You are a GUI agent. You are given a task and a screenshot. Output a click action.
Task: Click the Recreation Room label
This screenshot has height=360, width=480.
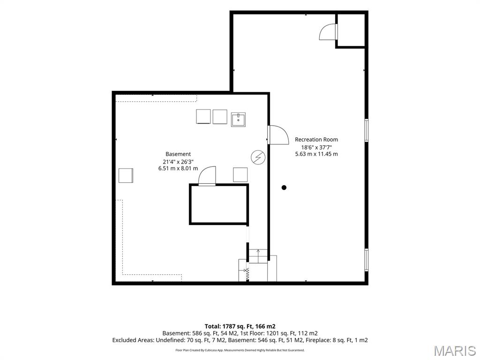(316, 140)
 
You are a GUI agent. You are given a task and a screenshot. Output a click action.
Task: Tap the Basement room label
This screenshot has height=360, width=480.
(178, 154)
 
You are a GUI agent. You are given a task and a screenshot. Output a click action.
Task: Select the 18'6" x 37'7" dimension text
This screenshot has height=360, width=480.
(316, 147)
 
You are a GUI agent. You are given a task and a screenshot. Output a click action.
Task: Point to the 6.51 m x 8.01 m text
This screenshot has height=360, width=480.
(178, 168)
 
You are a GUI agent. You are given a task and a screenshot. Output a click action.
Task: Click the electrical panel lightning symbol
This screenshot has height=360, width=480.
(258, 157)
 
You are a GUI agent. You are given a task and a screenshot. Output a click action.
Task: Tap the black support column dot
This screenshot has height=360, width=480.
(284, 187)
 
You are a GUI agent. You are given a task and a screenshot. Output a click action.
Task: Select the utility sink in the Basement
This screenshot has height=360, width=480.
(238, 120)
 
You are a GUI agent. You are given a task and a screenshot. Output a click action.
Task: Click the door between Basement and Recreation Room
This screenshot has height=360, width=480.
(278, 135)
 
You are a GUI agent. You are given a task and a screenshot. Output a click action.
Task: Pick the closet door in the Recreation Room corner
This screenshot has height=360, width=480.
(328, 32)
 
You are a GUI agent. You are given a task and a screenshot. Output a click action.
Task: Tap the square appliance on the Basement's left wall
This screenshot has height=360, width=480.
(126, 175)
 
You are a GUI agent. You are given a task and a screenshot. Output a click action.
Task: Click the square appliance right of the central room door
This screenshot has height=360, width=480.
(240, 175)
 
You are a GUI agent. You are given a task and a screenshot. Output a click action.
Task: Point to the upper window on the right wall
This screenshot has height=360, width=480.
(366, 130)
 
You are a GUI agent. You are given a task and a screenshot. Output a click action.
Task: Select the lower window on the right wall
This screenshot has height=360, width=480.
(366, 260)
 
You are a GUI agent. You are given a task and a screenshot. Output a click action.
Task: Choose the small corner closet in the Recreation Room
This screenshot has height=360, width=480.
(351, 30)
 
